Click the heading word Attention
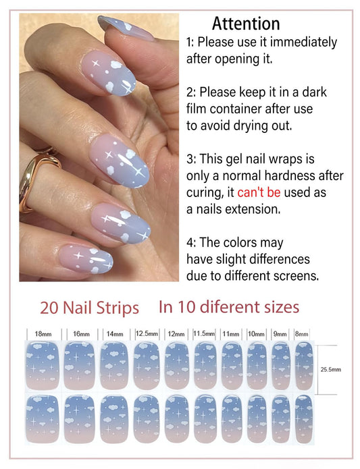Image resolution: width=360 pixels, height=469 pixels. [x=246, y=24]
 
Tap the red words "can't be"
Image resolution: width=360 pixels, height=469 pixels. [x=259, y=192]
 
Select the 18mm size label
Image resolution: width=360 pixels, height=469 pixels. [x=43, y=334]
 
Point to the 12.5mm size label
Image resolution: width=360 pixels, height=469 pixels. [x=147, y=333]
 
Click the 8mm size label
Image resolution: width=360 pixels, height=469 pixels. [x=301, y=334]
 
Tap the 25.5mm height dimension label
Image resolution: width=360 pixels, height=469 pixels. [x=331, y=369]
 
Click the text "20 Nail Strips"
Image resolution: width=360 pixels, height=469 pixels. [x=89, y=308]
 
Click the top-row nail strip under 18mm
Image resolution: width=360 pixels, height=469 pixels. [x=43, y=366]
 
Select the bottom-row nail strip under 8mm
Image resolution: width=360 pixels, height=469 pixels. [x=304, y=419]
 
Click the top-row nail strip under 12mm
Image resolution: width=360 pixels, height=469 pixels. [x=177, y=366]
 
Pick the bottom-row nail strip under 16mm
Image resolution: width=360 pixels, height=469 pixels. [x=79, y=419]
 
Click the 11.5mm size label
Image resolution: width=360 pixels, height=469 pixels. [x=204, y=333]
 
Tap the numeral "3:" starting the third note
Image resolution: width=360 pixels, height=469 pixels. [x=191, y=159]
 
